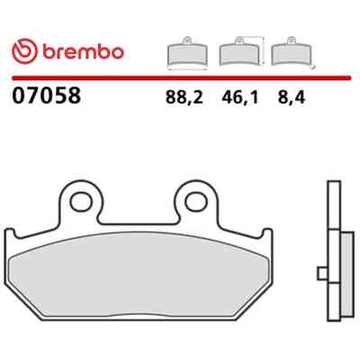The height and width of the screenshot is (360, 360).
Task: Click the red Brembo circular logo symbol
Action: (x=25, y=51)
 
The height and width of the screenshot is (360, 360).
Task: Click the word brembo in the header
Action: (x=83, y=52)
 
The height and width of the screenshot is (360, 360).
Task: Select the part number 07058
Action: (x=47, y=95)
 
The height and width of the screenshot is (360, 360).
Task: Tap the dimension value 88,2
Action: (x=184, y=97)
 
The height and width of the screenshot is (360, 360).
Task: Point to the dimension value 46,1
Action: (x=240, y=97)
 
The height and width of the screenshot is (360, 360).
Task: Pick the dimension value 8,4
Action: (x=292, y=97)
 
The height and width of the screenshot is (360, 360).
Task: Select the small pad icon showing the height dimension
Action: (x=241, y=51)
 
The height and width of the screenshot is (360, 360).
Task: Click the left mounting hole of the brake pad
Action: (x=81, y=202)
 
